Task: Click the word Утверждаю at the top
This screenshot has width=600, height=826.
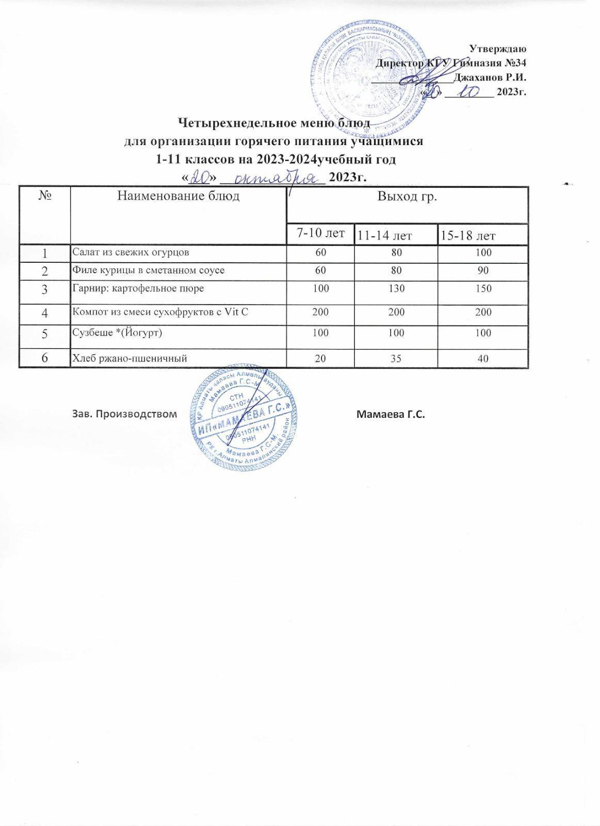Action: [498, 49]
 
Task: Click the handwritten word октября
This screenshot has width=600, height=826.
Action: [272, 178]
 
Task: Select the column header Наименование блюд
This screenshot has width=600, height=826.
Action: [179, 196]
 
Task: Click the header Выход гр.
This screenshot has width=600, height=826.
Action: [407, 196]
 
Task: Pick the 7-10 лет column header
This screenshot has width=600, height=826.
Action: [320, 233]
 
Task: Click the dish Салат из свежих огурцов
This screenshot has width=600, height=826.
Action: [131, 252]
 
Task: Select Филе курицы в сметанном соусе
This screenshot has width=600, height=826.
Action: [148, 270]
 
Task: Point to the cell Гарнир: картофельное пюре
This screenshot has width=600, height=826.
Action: [138, 288]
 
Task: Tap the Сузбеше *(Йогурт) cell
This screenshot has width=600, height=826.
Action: [117, 333]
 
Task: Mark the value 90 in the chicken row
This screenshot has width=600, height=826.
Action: [483, 270]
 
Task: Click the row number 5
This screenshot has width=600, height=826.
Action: [45, 334]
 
